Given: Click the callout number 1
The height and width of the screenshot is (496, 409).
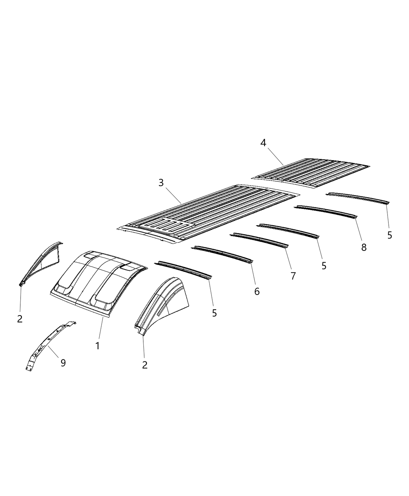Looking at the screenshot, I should [x=97, y=345].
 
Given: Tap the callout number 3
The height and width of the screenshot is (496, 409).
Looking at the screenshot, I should [x=161, y=183].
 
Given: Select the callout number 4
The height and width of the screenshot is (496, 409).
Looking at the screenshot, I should [x=263, y=143].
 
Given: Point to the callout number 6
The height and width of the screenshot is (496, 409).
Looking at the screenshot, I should [x=257, y=291].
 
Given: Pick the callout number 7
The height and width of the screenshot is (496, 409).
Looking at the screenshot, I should [x=293, y=276].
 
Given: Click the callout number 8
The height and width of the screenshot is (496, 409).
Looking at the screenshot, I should [x=363, y=247].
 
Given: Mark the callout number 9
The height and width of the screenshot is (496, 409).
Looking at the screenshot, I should [x=63, y=363].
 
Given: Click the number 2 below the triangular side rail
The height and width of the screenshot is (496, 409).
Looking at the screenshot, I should [x=20, y=319].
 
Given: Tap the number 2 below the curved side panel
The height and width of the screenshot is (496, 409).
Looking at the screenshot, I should [x=145, y=365].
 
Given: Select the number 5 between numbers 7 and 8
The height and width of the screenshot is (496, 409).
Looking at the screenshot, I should [x=324, y=266].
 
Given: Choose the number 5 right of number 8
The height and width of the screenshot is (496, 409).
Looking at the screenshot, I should [x=390, y=235].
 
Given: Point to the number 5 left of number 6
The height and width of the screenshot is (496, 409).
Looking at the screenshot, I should [x=214, y=313].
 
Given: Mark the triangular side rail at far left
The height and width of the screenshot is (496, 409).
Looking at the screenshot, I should [x=41, y=263].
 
